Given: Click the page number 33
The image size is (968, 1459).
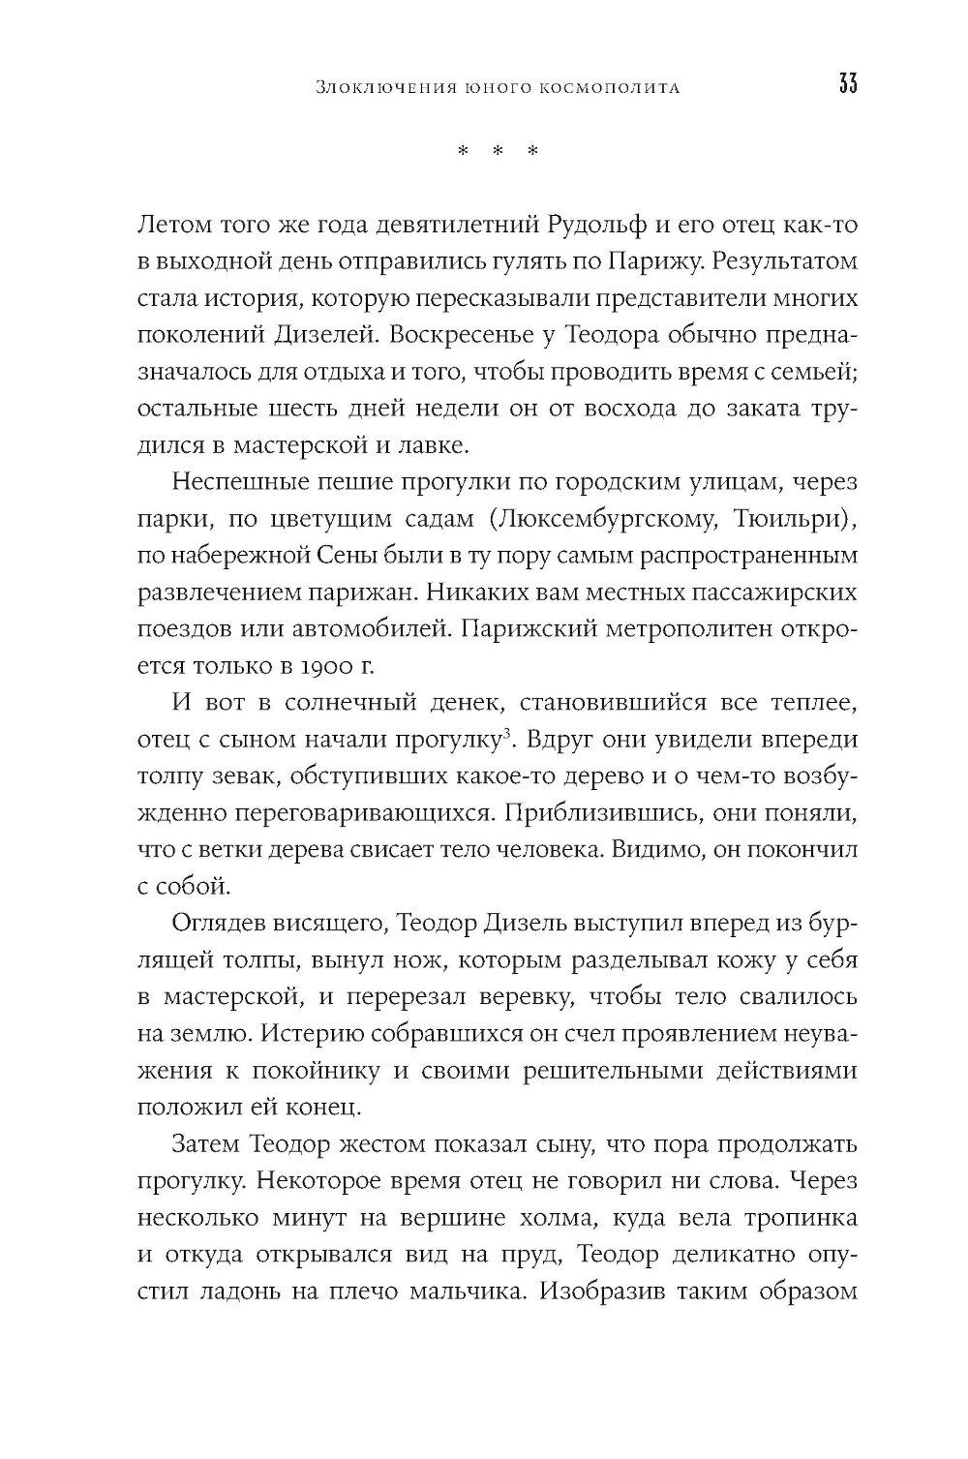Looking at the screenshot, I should (847, 85).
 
